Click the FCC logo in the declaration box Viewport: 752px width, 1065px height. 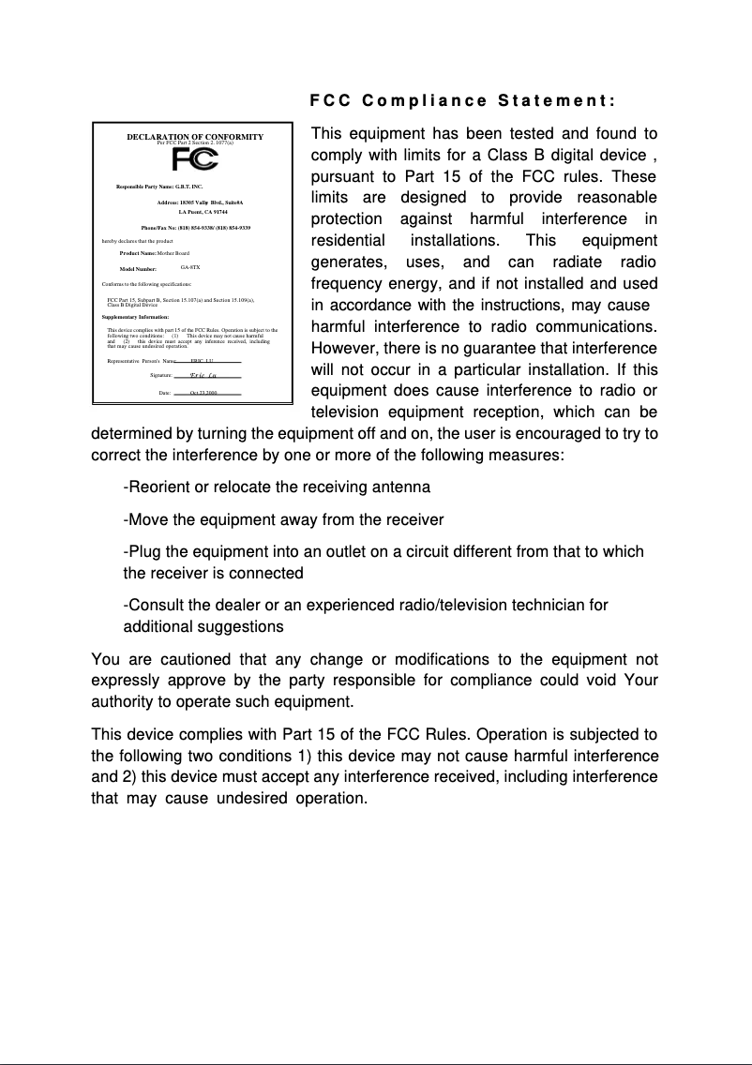194,160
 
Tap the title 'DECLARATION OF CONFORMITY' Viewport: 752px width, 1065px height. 195,137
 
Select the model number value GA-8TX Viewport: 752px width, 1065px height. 190,267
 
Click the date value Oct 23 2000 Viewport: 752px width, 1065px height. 203,393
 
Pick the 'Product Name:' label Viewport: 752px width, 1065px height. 138,253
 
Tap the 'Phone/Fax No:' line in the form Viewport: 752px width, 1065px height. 195,228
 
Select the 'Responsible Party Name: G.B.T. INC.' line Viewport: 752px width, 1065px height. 159,187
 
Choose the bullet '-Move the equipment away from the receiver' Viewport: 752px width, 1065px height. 283,519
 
